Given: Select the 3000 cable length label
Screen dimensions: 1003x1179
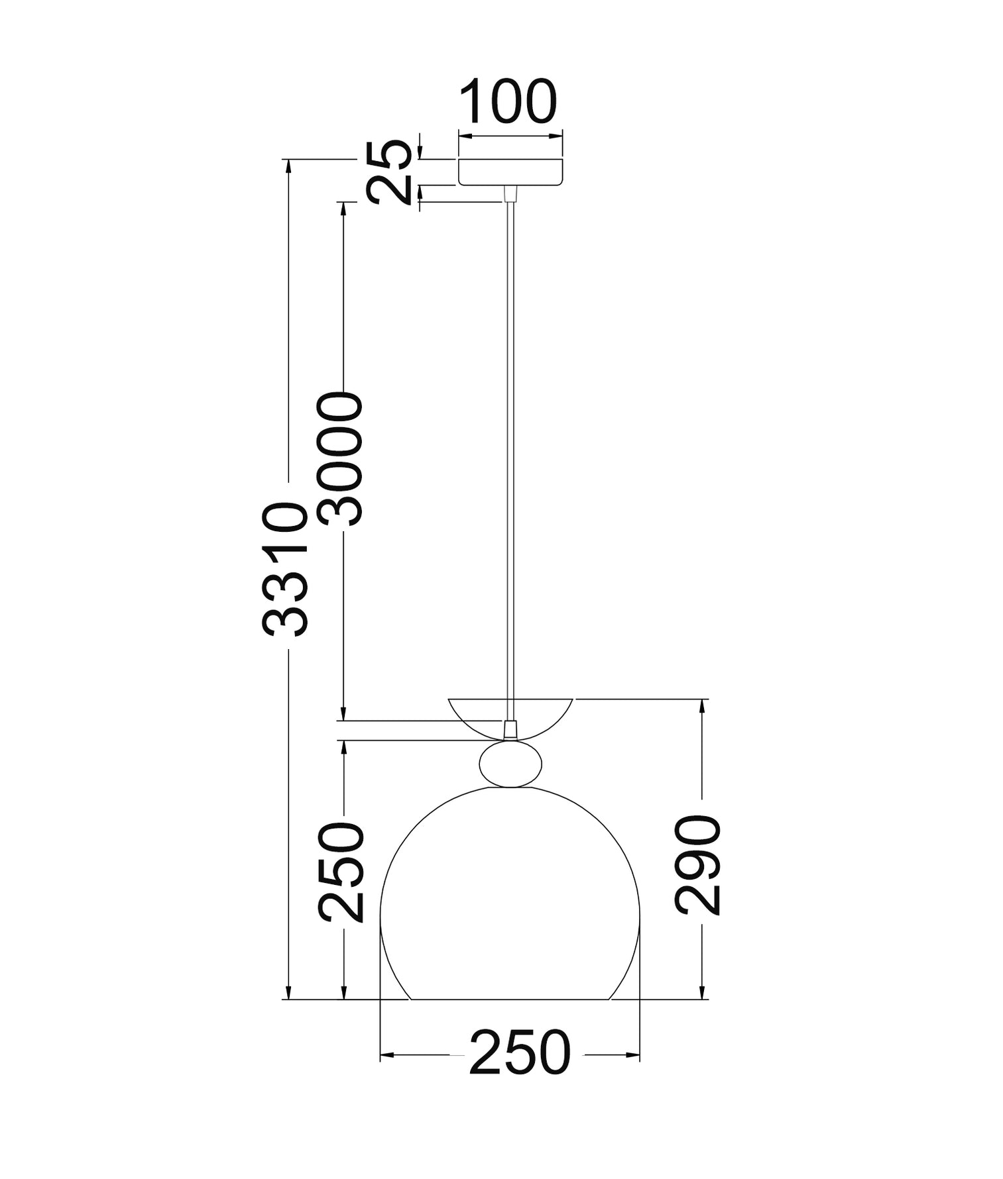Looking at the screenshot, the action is pyautogui.click(x=341, y=458).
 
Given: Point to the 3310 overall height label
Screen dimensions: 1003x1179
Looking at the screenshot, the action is pyautogui.click(x=286, y=569).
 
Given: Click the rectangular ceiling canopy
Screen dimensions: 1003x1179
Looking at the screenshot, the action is pyautogui.click(x=510, y=172).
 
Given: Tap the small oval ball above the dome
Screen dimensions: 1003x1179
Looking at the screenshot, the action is pyautogui.click(x=510, y=764).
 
